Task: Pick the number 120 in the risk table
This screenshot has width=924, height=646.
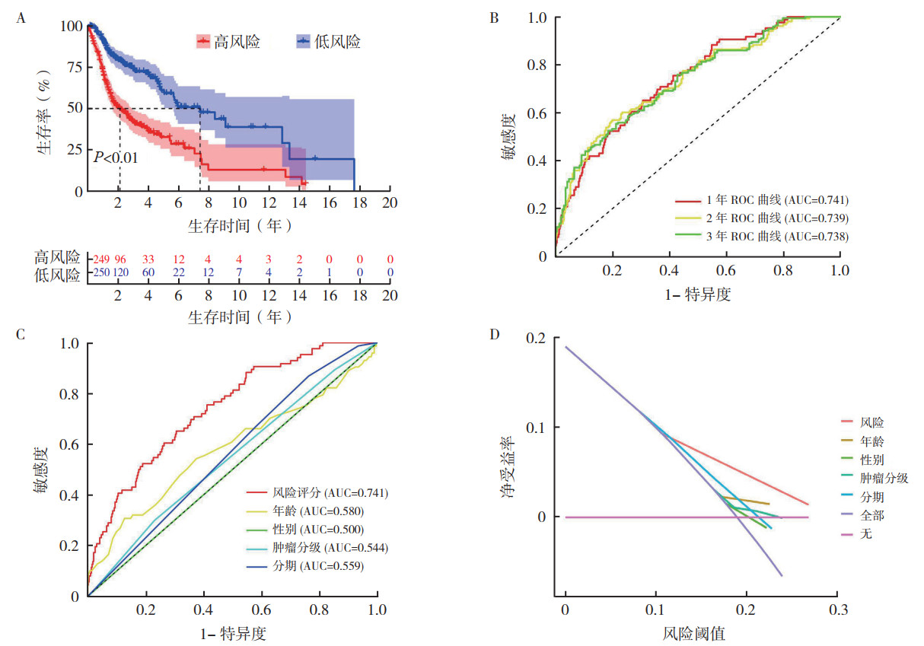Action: [121, 273]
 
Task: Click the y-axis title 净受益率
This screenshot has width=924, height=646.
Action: [505, 473]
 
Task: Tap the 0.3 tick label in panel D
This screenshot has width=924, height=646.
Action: [837, 611]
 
